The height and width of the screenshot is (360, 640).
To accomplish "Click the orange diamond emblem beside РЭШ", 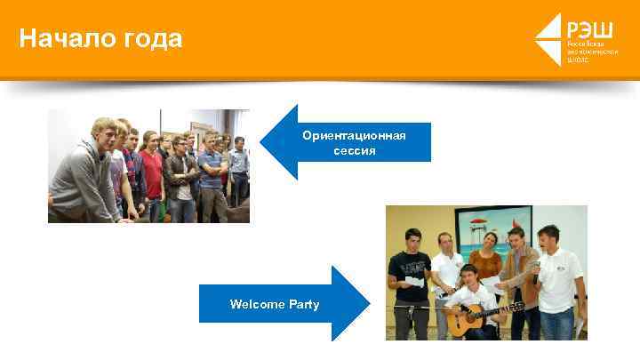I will click(548, 39).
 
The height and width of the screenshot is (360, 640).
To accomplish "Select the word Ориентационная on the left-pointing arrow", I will click(354, 135).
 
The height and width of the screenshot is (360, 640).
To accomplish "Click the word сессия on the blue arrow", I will click(354, 151).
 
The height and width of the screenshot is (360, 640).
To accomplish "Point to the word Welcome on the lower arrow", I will click(256, 304).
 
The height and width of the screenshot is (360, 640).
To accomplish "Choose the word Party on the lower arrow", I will click(303, 304).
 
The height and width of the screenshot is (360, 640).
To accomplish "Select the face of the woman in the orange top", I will click(488, 239).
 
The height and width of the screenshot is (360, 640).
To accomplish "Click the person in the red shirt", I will click(152, 169).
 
